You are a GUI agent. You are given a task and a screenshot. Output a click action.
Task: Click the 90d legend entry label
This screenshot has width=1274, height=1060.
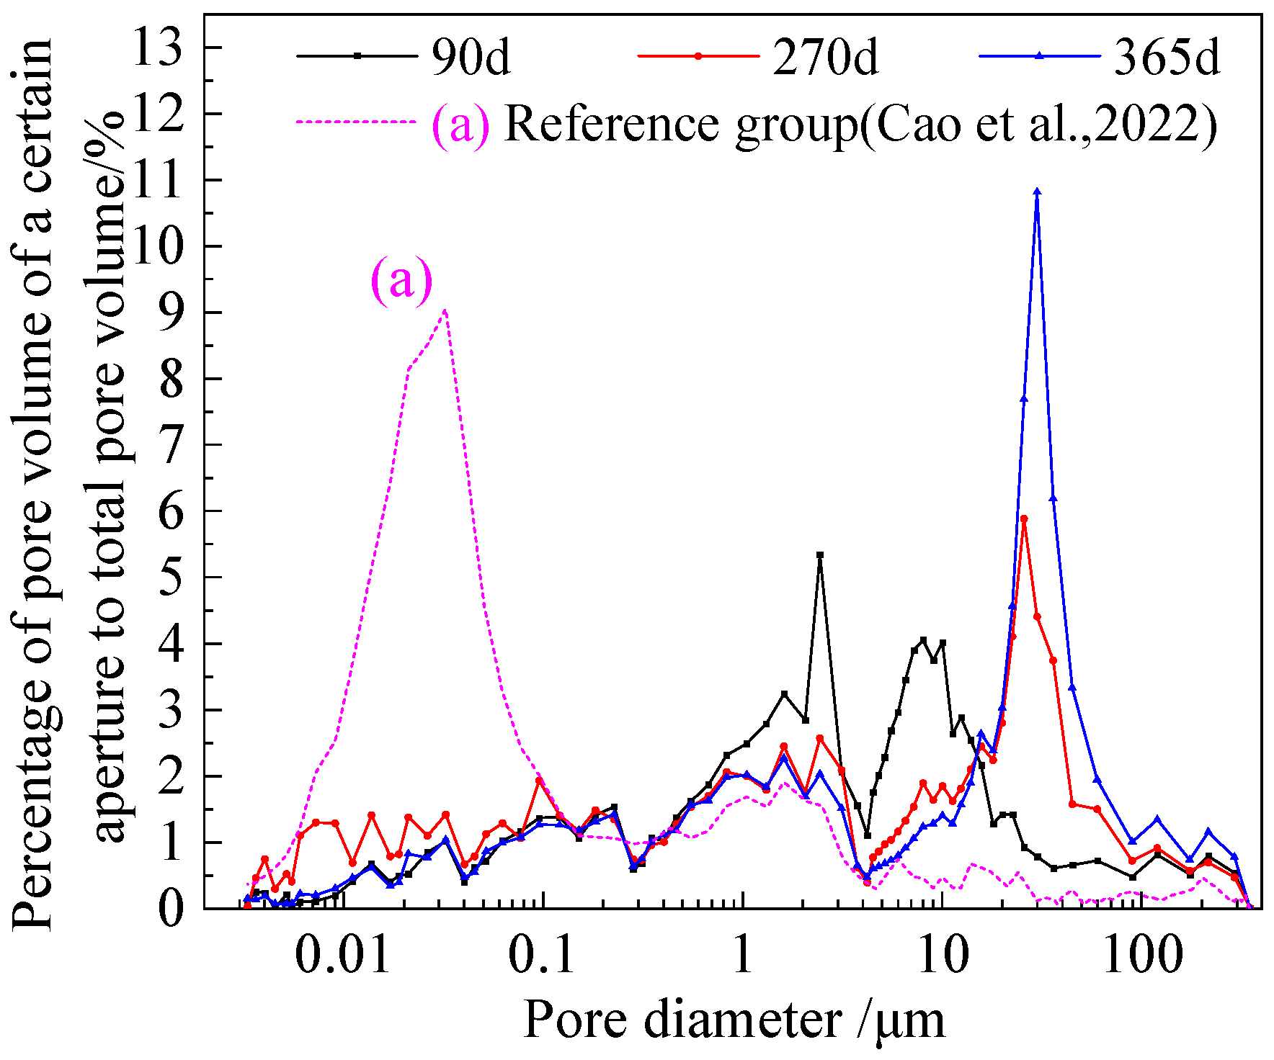coord(471,57)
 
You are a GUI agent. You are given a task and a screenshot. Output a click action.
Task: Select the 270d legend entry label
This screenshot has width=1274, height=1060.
coord(826,57)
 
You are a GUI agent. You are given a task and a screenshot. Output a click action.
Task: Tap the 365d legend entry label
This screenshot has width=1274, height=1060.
coord(1167,57)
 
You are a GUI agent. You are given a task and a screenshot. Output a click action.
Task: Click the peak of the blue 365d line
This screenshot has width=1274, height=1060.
coord(1037,192)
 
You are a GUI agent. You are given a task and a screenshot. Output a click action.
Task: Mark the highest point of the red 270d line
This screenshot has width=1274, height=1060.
coord(1024,518)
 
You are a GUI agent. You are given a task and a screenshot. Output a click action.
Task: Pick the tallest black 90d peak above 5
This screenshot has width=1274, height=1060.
coord(820,555)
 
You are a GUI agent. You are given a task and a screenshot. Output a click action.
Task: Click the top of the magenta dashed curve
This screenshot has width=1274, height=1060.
coord(445,310)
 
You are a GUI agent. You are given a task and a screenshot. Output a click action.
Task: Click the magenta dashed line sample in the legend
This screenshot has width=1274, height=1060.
coord(357,122)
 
